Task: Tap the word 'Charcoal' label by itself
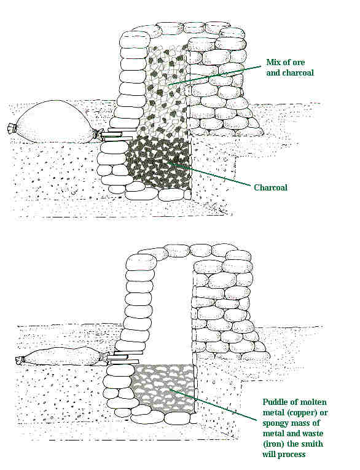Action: [x=270, y=187]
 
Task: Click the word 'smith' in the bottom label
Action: [x=315, y=444]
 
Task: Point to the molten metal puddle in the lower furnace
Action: [x=164, y=388]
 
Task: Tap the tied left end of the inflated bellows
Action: [x=12, y=128]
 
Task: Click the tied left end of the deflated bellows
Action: [x=20, y=359]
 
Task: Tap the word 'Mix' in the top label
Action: [x=273, y=62]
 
